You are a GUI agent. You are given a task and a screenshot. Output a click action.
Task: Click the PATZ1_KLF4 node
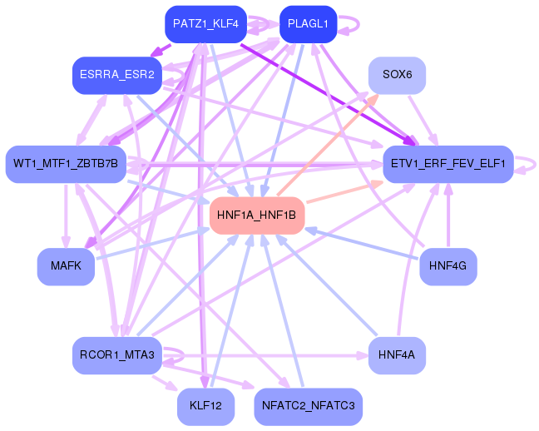(205, 24)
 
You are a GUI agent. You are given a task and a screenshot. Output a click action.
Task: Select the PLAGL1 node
(308, 24)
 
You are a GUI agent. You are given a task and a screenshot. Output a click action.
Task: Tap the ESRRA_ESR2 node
(116, 75)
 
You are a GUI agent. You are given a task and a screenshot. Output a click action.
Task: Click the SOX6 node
(397, 75)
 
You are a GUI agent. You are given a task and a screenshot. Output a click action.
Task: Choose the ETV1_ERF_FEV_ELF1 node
(448, 164)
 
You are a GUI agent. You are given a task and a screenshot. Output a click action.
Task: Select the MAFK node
(65, 267)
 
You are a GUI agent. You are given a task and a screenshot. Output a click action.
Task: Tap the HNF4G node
(448, 267)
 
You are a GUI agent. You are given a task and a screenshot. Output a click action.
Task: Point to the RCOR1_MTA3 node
(116, 355)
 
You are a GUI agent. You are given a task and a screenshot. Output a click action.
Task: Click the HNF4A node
(397, 355)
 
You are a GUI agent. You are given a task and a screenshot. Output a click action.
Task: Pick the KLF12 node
(205, 407)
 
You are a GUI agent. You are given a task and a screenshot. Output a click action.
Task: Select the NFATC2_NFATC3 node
(308, 407)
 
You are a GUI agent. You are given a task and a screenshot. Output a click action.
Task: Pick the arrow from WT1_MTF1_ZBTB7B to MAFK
(65, 216)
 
